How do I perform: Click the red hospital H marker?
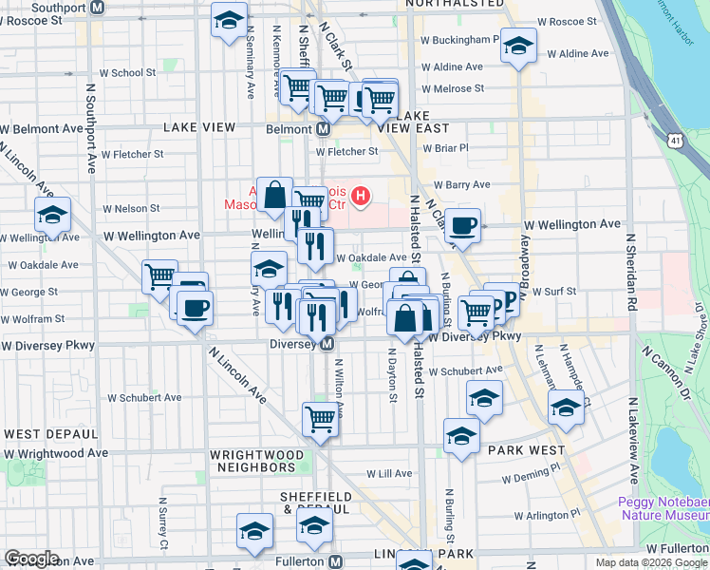[x=361, y=197]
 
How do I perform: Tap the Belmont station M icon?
[x=323, y=128]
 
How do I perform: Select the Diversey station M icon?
[x=327, y=343]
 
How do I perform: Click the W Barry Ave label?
[x=461, y=185]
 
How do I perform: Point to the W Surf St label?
[x=550, y=292]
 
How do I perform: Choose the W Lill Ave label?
[x=389, y=473]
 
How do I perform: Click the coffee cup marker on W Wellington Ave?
[x=462, y=226]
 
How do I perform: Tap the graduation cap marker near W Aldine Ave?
[x=518, y=46]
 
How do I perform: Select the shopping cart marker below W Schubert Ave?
[x=321, y=417]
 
